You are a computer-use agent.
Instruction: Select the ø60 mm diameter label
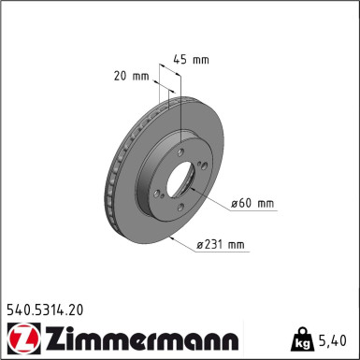click(252, 203)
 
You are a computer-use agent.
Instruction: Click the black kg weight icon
click(304, 338)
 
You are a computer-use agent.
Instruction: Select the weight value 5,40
click(336, 339)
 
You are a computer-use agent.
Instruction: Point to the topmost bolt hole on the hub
click(179, 145)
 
